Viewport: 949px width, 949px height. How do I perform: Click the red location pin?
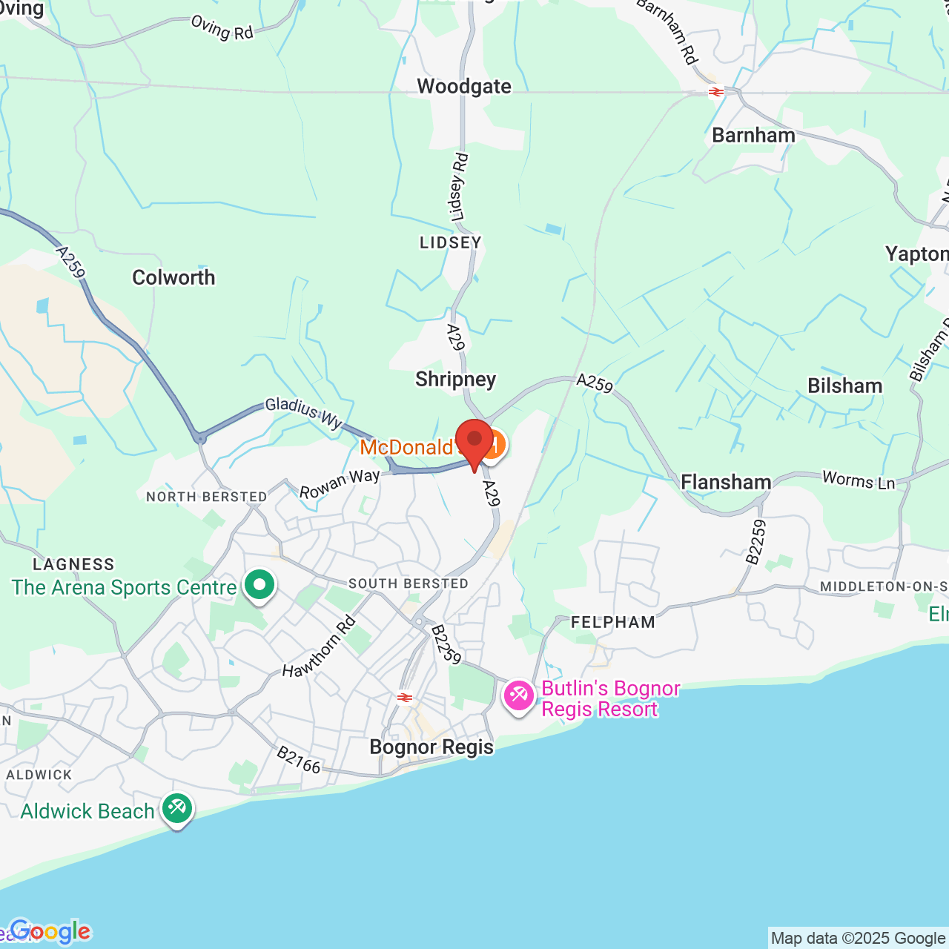coord(474,440)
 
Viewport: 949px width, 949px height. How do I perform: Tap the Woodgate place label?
coord(464,87)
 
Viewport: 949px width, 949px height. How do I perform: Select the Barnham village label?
coord(753,135)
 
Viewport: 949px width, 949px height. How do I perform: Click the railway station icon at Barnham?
coord(715,92)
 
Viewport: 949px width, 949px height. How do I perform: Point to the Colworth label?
coord(173,277)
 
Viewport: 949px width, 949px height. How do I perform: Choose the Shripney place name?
coord(455,379)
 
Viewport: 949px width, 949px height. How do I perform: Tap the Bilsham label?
coord(844,386)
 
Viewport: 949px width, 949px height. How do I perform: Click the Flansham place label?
coord(726,482)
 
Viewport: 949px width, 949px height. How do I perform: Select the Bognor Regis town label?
coord(431,747)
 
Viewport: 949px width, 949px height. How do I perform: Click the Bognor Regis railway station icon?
coord(405,697)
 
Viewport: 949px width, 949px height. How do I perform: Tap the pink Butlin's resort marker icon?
coord(518,695)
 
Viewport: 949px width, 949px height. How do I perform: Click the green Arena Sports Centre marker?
coord(259,586)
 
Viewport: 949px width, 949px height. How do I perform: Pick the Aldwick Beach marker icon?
coord(176,807)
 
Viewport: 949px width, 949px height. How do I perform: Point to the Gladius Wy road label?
coord(304,412)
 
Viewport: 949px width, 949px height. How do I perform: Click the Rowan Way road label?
coord(340,483)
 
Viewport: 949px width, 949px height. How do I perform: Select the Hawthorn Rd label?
coord(319,647)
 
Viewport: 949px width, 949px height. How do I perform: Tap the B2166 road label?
coord(298,760)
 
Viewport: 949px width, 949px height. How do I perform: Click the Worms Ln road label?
coord(859,480)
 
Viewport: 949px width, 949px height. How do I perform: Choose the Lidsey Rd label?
coord(460,187)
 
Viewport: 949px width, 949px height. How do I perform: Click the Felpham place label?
coord(613,622)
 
